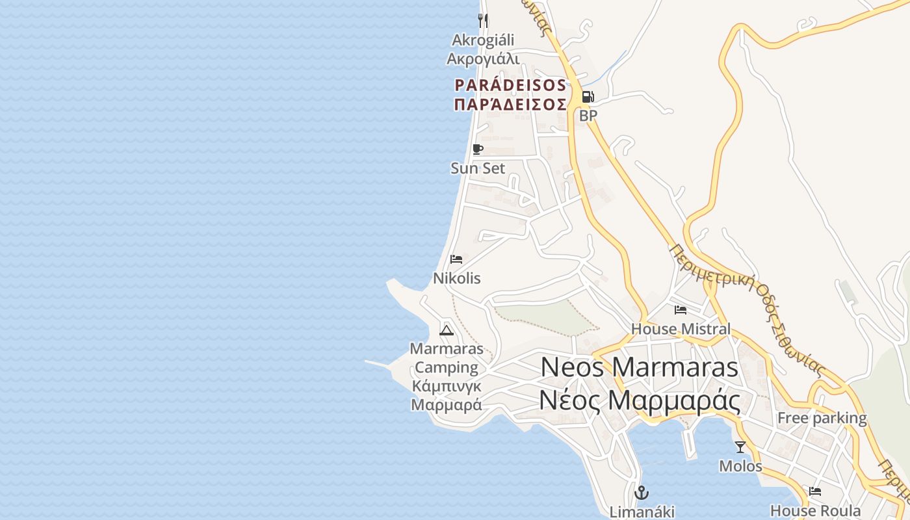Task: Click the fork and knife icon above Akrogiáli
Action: click(x=482, y=20)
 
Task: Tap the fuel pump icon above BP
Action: click(x=587, y=97)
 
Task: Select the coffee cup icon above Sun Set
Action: click(x=478, y=149)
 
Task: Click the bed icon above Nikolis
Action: click(x=456, y=259)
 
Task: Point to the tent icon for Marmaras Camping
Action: click(x=446, y=330)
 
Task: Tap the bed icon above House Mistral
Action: click(x=681, y=310)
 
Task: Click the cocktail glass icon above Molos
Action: click(x=740, y=447)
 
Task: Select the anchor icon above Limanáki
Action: click(x=642, y=492)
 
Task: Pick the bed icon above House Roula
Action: click(x=815, y=491)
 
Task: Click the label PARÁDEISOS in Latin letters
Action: click(x=510, y=85)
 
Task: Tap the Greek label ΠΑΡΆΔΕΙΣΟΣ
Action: click(x=510, y=105)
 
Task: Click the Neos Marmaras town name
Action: click(x=640, y=367)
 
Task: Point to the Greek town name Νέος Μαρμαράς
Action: click(x=640, y=400)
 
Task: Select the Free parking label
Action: click(x=822, y=418)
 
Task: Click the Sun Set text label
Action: click(x=478, y=168)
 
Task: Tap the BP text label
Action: click(x=588, y=116)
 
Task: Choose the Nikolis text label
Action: click(x=457, y=278)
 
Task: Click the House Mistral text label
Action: click(x=681, y=329)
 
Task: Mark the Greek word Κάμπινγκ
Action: click(x=447, y=386)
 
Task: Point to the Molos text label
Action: click(x=740, y=466)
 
